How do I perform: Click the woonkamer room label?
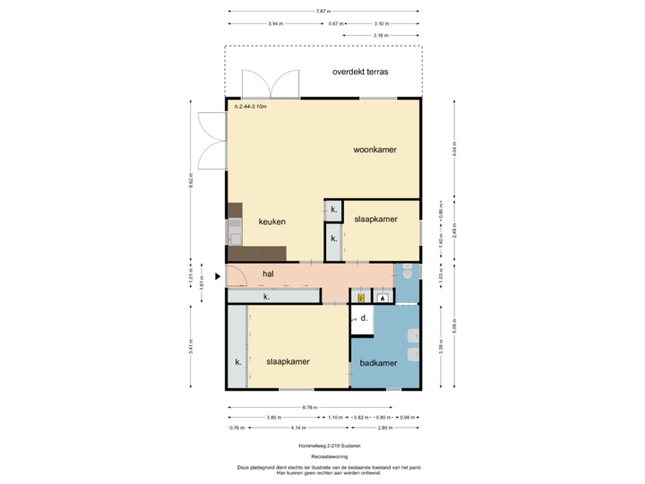pos(374,150)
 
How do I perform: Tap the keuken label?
pos(272,221)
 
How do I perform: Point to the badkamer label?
pos(378,363)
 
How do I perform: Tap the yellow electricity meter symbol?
pos(361,297)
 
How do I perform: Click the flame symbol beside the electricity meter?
pos(383,297)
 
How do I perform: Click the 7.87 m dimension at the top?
pos(321,11)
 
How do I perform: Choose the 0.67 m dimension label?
pos(334,23)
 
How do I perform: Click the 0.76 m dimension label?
pos(236,428)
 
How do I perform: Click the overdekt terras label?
pos(360,71)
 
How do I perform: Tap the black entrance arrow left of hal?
pos(218,275)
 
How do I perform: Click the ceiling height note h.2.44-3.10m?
pos(251,107)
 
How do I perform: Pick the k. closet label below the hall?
pos(266,296)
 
